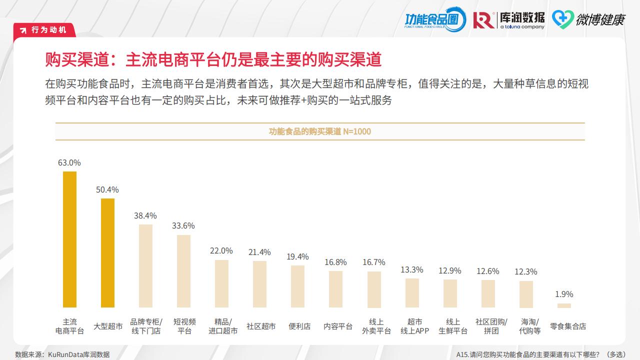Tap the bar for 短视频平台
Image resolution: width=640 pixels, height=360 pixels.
pos(183,271)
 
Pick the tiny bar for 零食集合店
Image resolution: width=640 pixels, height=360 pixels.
pos(564,305)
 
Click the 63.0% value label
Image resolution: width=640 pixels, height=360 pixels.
pos(69,162)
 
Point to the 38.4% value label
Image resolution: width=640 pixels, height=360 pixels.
pos(145,215)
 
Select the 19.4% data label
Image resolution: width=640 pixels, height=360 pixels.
pos(297,256)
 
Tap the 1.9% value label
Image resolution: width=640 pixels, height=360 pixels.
pos(564,294)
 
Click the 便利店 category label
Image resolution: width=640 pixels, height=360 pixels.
pos(299,326)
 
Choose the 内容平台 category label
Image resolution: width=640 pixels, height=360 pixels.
pos(338,326)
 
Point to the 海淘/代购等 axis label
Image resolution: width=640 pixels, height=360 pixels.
pos(529,326)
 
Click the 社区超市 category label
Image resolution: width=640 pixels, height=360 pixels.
pos(261,326)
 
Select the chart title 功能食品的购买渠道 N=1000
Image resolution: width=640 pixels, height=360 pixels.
pos(320,131)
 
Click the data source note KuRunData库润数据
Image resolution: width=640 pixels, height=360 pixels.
pos(62,354)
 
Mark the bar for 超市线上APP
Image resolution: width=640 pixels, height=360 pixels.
pos(412,292)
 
